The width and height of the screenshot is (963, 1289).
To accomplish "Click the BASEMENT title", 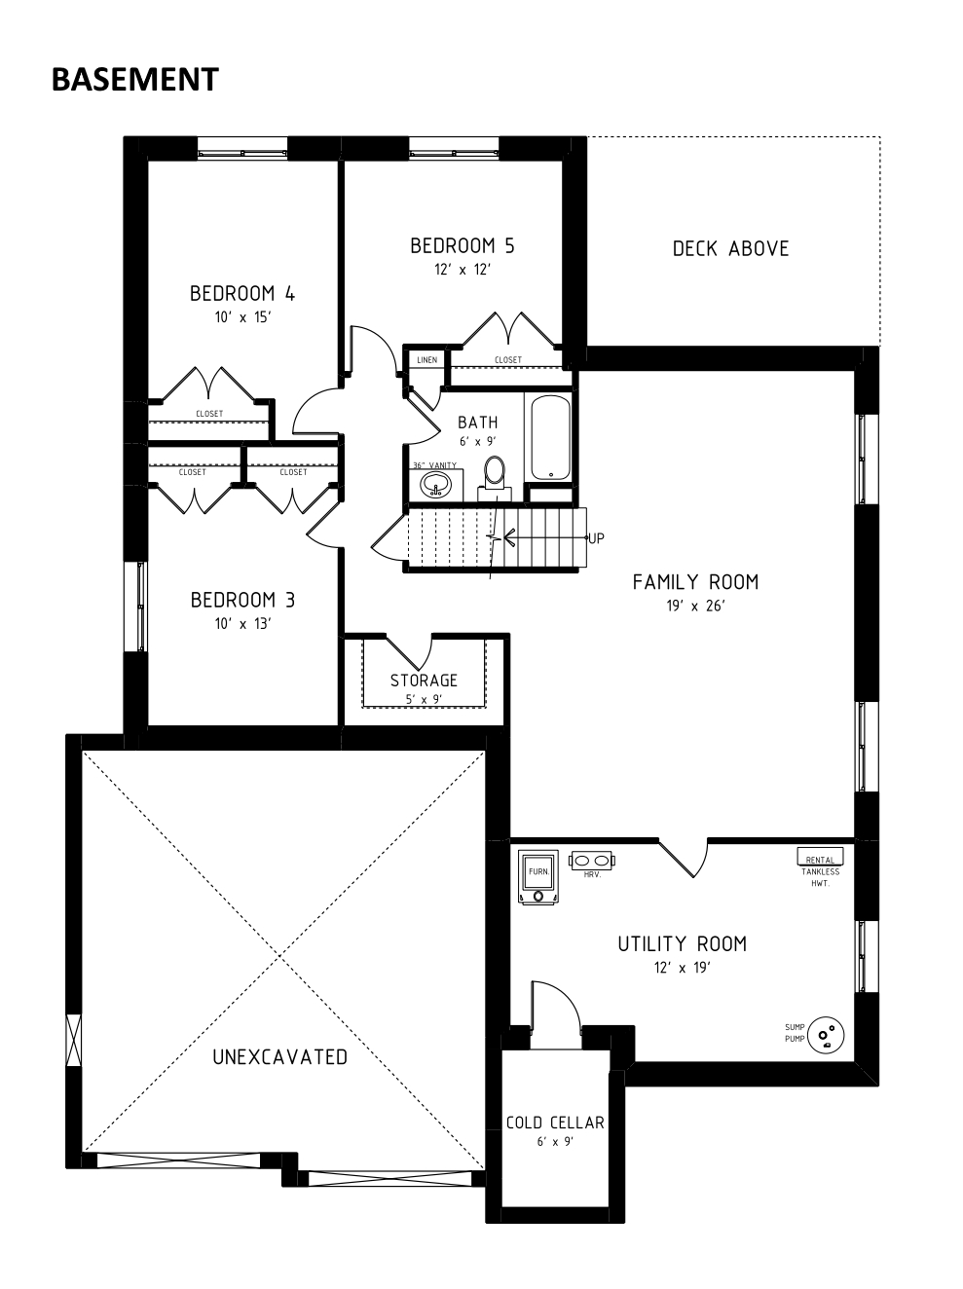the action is pyautogui.click(x=135, y=79).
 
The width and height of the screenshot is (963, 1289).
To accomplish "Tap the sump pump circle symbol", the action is pyautogui.click(x=826, y=1035).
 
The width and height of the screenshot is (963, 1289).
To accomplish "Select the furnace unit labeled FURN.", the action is pyautogui.click(x=537, y=876).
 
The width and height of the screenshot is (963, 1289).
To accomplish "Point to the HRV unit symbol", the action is pyautogui.click(x=592, y=861).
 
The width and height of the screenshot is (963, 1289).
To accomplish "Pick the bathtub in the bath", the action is pyautogui.click(x=550, y=438).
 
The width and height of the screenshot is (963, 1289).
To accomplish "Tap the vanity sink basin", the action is pyautogui.click(x=435, y=485).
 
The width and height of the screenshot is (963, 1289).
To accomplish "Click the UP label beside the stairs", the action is pyautogui.click(x=596, y=538).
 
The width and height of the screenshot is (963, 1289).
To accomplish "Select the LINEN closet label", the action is pyautogui.click(x=426, y=360).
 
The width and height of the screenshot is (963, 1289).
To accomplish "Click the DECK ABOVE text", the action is pyautogui.click(x=730, y=249).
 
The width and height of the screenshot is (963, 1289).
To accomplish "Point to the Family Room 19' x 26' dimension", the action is pyautogui.click(x=696, y=606).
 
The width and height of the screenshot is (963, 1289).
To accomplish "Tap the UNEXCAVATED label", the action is pyautogui.click(x=280, y=1057).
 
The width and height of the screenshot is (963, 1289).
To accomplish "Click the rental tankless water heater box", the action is pyautogui.click(x=820, y=856).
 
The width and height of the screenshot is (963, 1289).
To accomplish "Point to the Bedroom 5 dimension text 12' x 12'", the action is pyautogui.click(x=463, y=270).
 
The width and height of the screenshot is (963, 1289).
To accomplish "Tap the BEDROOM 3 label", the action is pyautogui.click(x=242, y=600).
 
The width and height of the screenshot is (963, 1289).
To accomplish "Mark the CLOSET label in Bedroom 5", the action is pyautogui.click(x=508, y=360).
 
